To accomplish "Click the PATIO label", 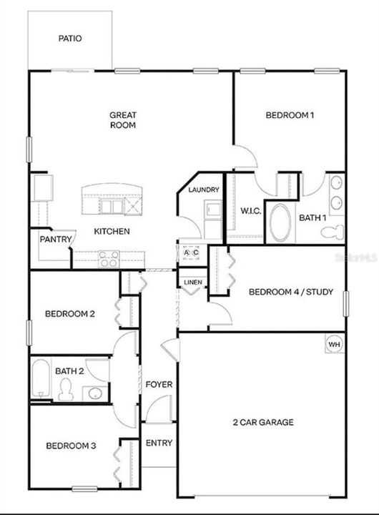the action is [70, 39].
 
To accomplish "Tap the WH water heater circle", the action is [335, 344].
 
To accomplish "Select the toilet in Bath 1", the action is [332, 232].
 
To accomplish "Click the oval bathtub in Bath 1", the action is [280, 222].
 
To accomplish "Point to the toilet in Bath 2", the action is [66, 389].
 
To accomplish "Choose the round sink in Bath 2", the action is [95, 393].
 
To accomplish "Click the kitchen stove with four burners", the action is [109, 259].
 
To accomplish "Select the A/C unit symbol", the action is [191, 252].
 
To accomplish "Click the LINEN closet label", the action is [193, 283].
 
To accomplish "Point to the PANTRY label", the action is [56, 240].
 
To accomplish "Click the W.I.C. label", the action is [251, 211].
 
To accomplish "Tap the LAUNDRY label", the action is [204, 190].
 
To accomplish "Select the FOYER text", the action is [159, 384].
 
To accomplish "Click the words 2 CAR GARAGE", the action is [263, 422].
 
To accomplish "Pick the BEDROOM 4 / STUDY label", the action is [291, 292].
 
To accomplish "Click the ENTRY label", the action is [159, 443].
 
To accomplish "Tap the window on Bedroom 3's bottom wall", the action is [84, 489].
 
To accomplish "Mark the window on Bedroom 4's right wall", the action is [345, 304].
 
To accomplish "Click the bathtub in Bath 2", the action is [41, 378].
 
